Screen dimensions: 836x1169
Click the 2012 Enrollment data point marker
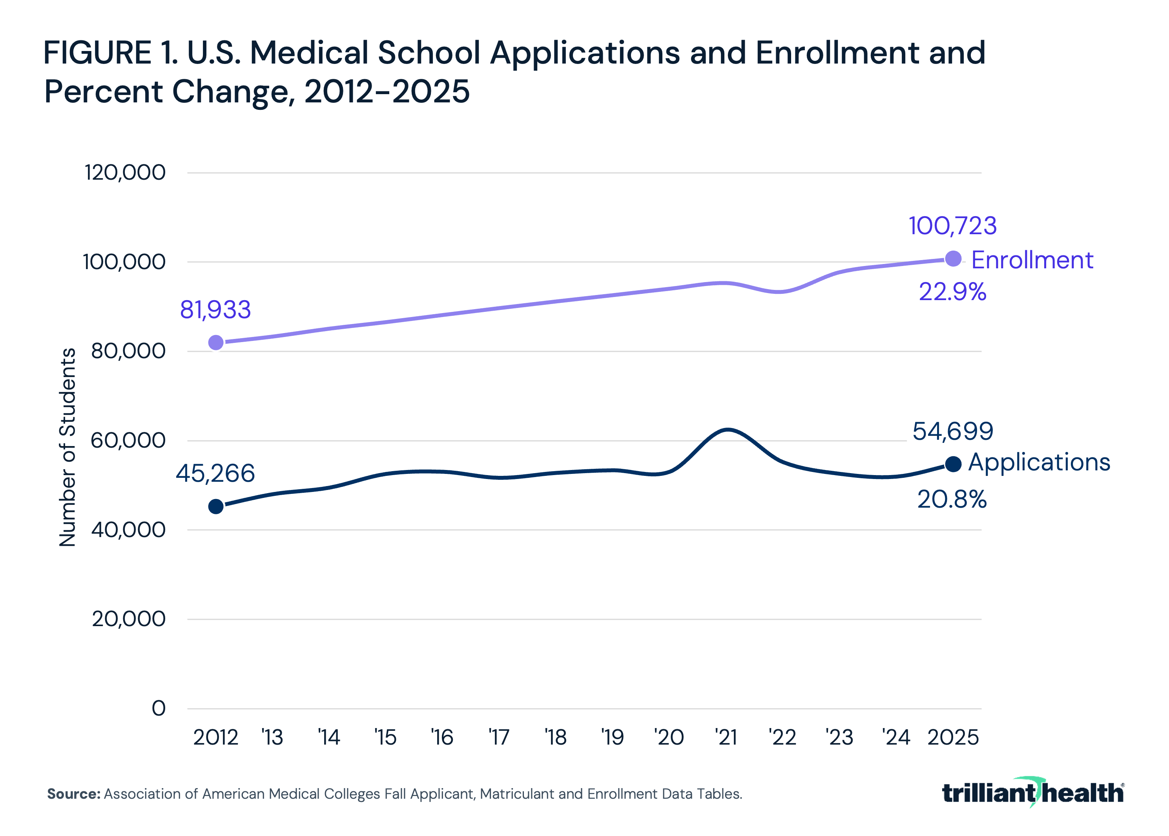[216, 342]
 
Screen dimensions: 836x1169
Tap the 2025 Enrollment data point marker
[953, 259]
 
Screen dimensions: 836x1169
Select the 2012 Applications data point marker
[216, 506]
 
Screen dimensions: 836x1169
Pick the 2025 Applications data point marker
[953, 464]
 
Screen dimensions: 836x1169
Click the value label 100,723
[952, 226]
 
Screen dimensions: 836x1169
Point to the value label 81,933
[215, 310]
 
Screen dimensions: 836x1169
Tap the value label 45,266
[215, 474]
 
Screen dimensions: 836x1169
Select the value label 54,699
[953, 432]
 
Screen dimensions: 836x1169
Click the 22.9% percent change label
[952, 292]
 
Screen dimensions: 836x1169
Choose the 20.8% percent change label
[952, 499]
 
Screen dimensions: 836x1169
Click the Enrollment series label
[1032, 260]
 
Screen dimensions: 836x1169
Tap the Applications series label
[1039, 462]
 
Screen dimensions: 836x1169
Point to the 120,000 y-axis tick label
[125, 173]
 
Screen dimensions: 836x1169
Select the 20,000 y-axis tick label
[129, 619]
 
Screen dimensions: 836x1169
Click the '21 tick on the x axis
[726, 738]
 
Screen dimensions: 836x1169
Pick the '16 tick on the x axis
[442, 738]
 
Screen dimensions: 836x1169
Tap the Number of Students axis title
[67, 447]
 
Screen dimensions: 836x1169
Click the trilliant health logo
[1032, 793]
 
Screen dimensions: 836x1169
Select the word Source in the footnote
[74, 794]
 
